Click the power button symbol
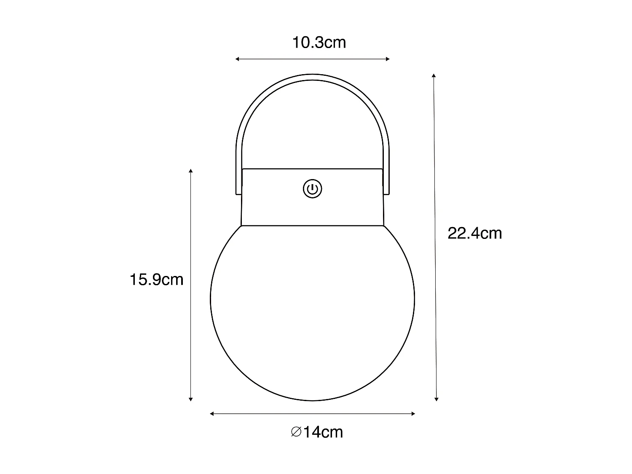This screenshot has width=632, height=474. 312,189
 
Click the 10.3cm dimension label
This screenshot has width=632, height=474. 319,43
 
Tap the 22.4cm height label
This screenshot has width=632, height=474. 474,233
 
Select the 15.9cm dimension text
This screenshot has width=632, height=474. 156,279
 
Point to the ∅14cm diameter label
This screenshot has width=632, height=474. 317,432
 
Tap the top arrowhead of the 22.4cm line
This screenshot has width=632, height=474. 434,76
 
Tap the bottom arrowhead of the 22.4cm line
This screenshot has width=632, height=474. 437,398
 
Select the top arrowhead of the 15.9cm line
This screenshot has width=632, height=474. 191,171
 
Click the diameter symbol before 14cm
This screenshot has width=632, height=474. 296,432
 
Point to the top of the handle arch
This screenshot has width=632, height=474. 312,77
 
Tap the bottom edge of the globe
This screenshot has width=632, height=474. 312,400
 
